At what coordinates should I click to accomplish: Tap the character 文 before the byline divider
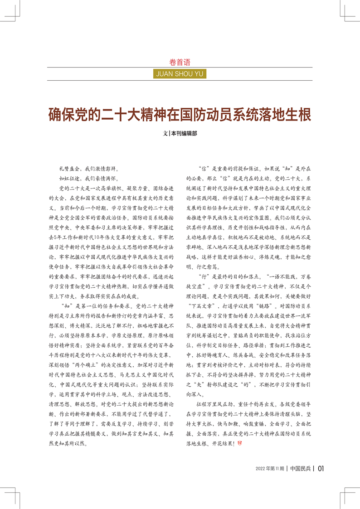(165, 134)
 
